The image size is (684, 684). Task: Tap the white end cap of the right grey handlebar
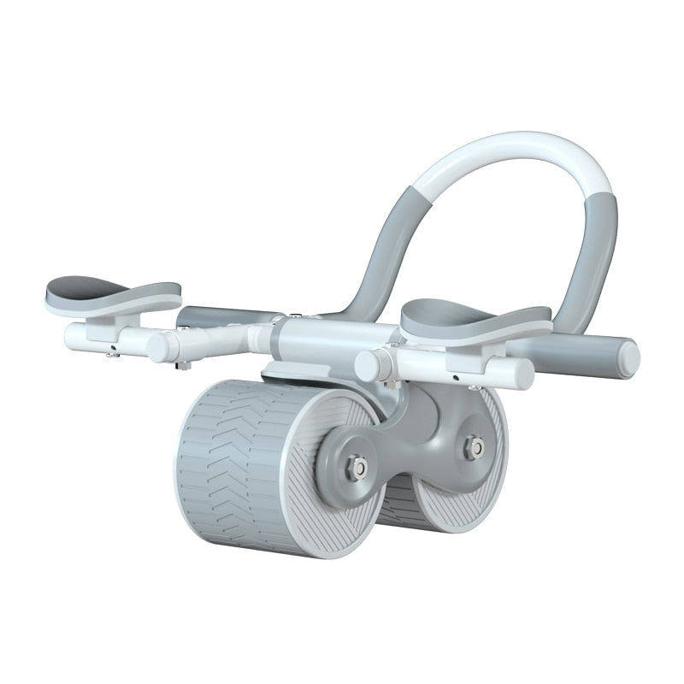(628, 359)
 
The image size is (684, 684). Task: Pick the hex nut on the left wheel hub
(357, 467)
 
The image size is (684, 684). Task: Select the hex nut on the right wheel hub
(473, 446)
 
